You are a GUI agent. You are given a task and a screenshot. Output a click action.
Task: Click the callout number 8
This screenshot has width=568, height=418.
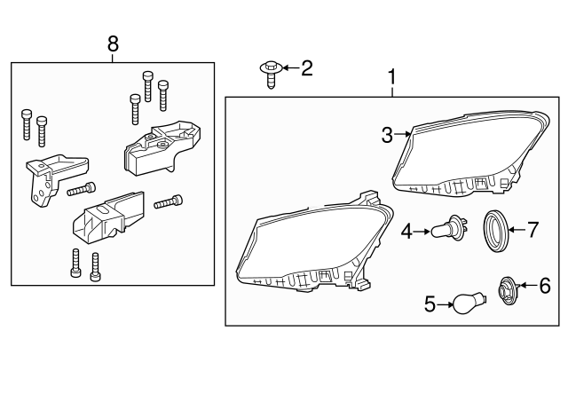(x=113, y=44)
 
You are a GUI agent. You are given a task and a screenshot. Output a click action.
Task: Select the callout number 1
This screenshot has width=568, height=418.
(x=392, y=77)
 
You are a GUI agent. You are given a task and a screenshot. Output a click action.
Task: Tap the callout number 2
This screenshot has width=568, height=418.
(x=307, y=68)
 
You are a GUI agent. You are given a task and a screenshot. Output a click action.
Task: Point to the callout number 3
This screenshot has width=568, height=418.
(x=387, y=135)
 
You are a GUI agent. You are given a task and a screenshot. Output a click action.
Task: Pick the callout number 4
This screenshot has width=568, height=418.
(x=406, y=231)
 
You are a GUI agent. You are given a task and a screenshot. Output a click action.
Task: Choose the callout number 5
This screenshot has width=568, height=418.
(x=430, y=304)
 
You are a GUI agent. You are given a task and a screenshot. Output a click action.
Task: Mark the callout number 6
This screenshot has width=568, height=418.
(x=545, y=286)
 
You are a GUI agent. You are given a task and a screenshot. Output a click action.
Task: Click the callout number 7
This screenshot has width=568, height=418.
(x=532, y=230)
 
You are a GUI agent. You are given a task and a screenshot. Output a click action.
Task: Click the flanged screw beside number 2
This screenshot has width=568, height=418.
(x=271, y=75)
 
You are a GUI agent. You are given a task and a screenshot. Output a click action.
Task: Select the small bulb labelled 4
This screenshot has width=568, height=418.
(x=449, y=228)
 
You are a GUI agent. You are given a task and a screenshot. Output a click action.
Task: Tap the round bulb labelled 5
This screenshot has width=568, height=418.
(x=469, y=304)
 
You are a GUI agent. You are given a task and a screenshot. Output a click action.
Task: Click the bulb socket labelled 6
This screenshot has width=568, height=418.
(x=509, y=290)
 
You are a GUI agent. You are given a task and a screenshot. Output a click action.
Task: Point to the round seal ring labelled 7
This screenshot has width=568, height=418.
(x=497, y=231)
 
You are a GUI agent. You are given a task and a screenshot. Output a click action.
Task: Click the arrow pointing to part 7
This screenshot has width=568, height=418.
(x=517, y=230)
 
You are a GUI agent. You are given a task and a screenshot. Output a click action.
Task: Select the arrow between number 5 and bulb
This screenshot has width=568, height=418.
(x=446, y=305)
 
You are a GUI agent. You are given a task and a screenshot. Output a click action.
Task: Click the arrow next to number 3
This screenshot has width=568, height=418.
(x=402, y=134)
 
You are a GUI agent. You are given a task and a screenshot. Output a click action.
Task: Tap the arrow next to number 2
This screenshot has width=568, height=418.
(x=290, y=67)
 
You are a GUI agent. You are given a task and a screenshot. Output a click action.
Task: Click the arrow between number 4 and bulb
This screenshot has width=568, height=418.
(x=422, y=231)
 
